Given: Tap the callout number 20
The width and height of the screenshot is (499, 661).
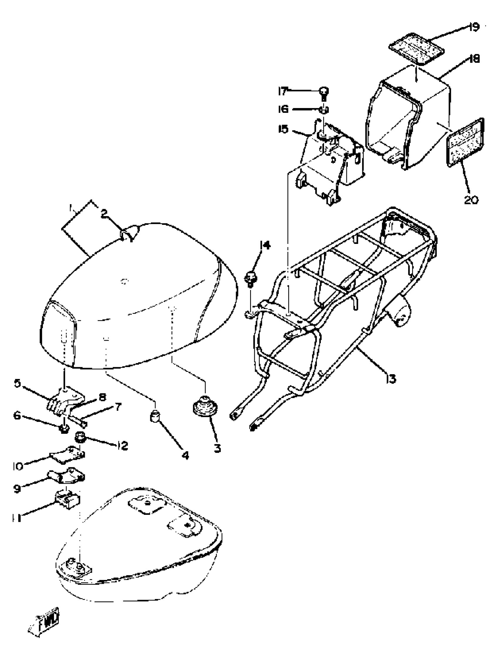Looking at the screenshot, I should tap(471, 199).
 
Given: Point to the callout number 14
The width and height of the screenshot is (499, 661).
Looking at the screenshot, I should tap(265, 246).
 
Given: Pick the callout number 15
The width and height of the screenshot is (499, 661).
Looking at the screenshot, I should tap(283, 130).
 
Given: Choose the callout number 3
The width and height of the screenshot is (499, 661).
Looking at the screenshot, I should tap(217, 448).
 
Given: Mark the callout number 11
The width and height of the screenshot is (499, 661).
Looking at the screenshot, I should tap(17, 518).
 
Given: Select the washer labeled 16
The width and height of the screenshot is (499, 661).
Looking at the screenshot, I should tap(323, 110).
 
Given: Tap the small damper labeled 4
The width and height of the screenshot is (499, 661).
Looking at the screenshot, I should tap(155, 416).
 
